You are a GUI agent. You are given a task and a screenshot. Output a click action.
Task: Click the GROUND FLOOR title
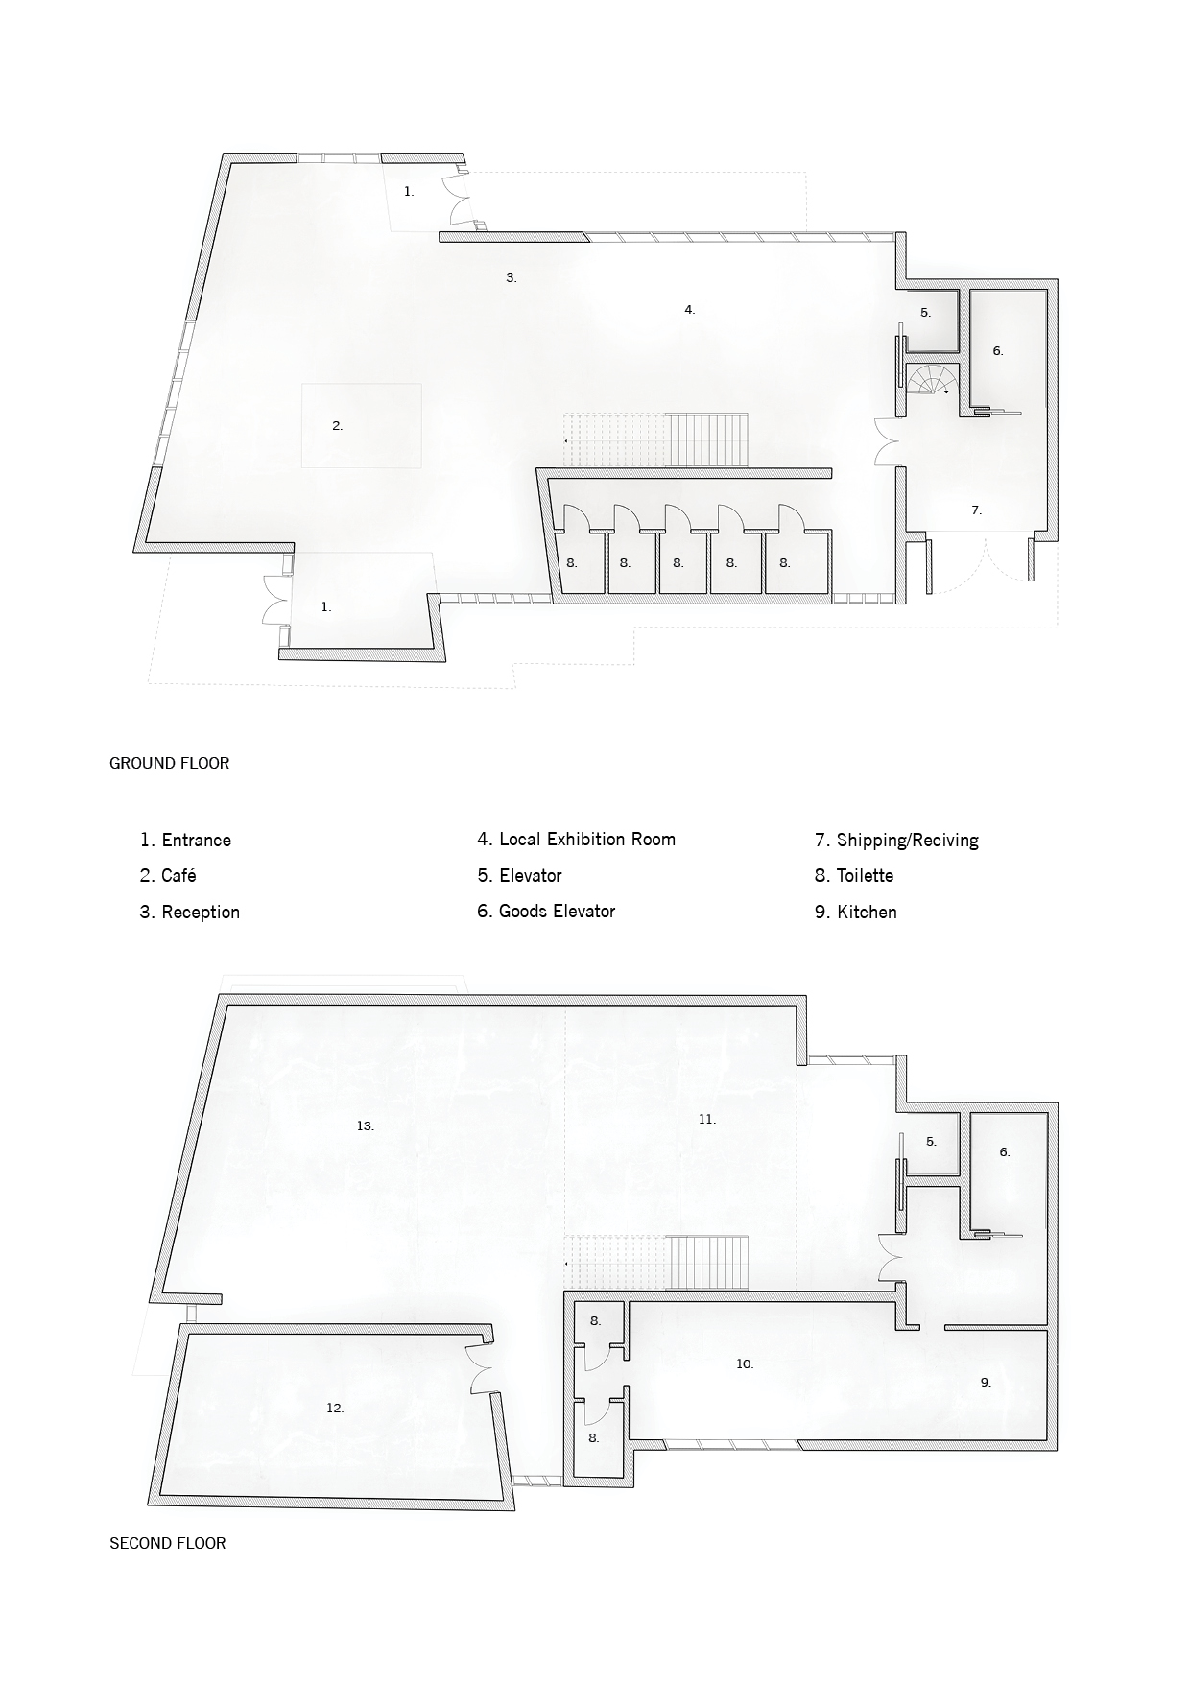click(x=169, y=764)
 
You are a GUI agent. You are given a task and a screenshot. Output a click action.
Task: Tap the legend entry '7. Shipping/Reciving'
click(x=896, y=841)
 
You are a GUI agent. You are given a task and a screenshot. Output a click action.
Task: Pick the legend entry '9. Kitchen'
click(x=856, y=912)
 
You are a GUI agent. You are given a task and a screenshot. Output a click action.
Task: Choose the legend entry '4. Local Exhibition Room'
click(x=576, y=840)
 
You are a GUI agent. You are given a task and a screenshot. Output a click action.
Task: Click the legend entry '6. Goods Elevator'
click(x=546, y=912)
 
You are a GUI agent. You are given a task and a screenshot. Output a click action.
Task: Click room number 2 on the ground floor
click(x=338, y=426)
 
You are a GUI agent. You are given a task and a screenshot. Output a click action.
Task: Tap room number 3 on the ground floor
click(x=512, y=278)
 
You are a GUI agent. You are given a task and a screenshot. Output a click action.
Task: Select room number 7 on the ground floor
click(x=976, y=510)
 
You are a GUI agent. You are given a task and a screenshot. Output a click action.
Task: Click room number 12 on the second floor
click(x=335, y=1409)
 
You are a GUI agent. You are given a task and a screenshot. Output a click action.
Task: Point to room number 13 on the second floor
click(x=365, y=1126)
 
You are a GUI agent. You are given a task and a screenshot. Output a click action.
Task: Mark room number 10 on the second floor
click(x=745, y=1363)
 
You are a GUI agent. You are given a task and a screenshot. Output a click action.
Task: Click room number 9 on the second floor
click(x=986, y=1383)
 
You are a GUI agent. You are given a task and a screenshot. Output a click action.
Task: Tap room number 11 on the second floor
click(x=707, y=1119)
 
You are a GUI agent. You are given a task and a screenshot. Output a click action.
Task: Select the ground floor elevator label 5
click(x=926, y=313)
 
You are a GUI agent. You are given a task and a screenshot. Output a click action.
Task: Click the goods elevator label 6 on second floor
click(x=1005, y=1152)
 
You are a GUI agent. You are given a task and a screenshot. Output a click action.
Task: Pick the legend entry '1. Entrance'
click(x=185, y=841)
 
